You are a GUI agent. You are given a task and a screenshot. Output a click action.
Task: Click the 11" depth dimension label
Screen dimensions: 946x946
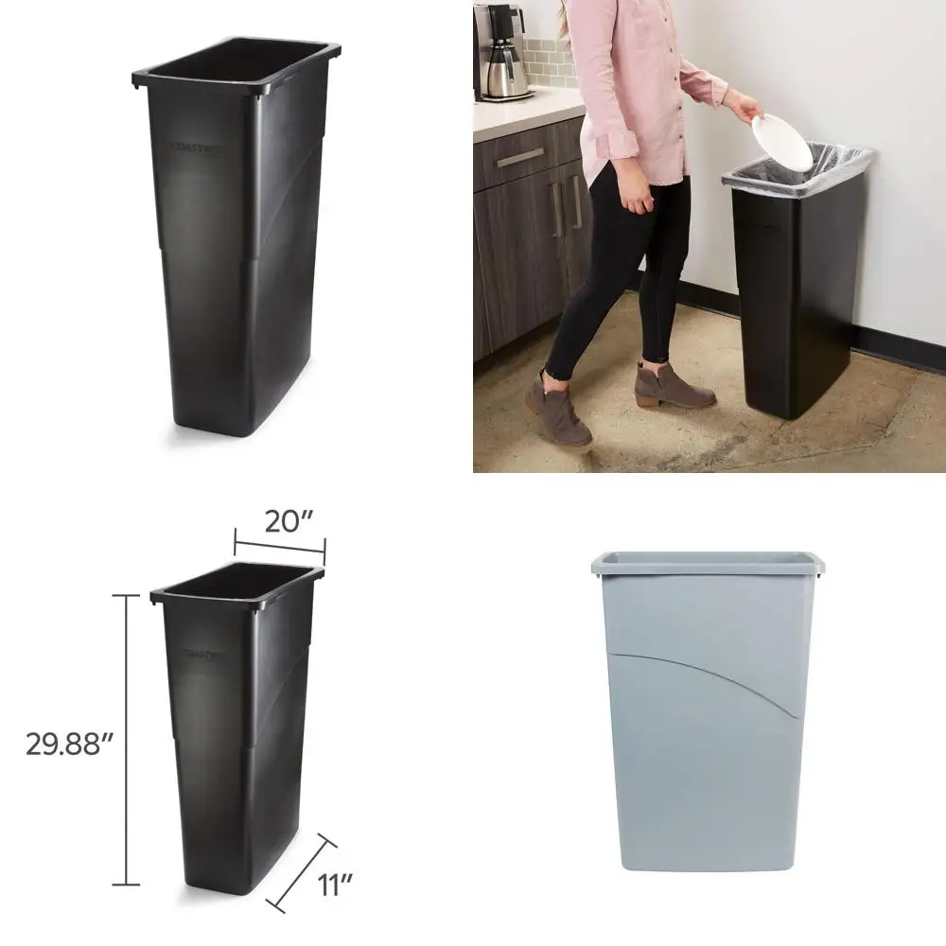335,885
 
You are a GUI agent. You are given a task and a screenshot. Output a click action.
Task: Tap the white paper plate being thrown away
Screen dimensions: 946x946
781,141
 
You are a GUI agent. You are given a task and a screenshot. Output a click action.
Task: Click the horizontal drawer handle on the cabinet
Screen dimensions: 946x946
520,158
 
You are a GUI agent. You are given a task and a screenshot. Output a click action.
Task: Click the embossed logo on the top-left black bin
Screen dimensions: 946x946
195,147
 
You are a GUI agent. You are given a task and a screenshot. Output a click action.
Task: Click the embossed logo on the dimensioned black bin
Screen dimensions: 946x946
203,653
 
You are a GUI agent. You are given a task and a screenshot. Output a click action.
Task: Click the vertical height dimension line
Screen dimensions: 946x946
126,738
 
